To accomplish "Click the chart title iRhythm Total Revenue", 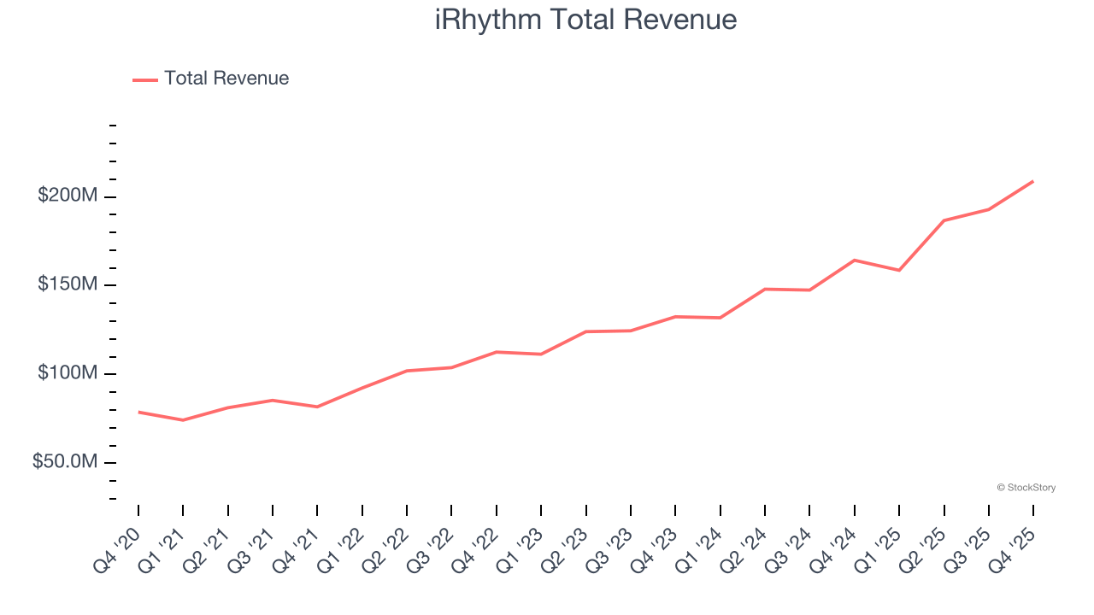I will (x=585, y=20).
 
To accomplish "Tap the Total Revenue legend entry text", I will (x=226, y=79).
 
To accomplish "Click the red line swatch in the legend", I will (x=145, y=79).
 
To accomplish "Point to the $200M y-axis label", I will (x=68, y=196).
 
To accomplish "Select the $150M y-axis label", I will (x=68, y=284).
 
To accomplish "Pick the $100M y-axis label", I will (x=68, y=373).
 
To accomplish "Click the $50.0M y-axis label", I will (x=65, y=462).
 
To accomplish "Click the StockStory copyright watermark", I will (x=1026, y=488).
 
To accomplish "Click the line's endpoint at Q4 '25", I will (x=1033, y=181).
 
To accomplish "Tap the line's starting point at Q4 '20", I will (x=138, y=412).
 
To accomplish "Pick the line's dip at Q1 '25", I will (x=899, y=270).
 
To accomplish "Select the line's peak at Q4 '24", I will (x=855, y=260).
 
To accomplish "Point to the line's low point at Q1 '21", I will (x=183, y=420).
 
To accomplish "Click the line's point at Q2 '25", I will (x=944, y=220).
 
